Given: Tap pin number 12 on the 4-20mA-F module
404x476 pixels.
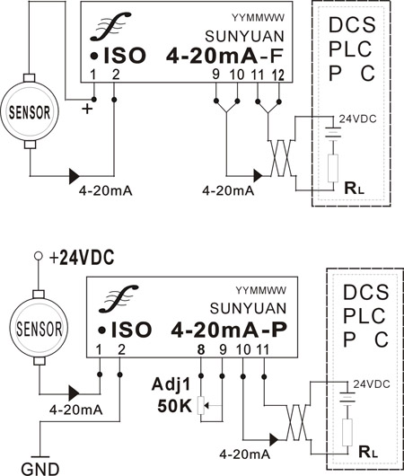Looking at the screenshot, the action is tap(278, 75).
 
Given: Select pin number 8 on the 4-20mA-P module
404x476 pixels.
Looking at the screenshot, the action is tap(201, 350).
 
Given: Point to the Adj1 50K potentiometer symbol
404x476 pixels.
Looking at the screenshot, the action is tap(201, 405).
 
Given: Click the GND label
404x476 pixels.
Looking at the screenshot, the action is tap(40, 470).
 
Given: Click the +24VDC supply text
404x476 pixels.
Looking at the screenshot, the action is tap(82, 258).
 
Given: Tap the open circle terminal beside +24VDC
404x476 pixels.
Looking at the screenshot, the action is tap(39, 256).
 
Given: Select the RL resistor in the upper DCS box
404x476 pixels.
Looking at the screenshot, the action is tap(333, 169).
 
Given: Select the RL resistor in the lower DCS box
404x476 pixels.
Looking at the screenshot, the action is tap(347, 433).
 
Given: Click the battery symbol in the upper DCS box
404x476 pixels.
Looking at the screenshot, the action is tap(333, 133).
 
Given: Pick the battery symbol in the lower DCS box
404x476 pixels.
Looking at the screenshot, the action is tap(347, 397).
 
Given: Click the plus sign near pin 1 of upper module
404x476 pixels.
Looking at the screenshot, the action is tap(87, 109).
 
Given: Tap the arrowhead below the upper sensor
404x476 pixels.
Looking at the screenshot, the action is tap(74, 176).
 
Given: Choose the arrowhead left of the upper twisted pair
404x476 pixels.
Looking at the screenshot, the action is tap(258, 176).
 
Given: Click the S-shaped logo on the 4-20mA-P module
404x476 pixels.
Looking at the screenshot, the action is tap(119, 299).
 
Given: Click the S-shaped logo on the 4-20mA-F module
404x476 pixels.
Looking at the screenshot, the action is tap(110, 26).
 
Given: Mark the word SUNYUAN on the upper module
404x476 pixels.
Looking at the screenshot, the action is tap(244, 37).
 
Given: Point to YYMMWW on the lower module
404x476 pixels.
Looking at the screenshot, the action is tap(260, 291).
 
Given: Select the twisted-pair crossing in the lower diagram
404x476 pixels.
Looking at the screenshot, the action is tap(297, 422).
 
